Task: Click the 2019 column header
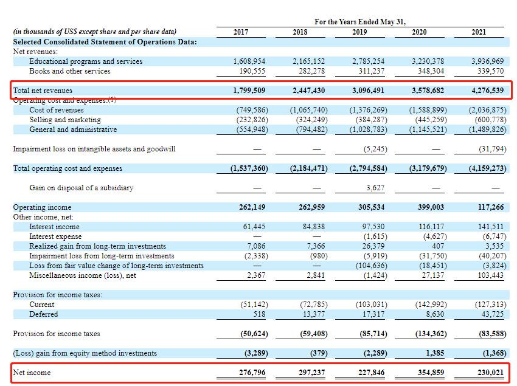pyautogui.click(x=359, y=32)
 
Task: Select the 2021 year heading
pyautogui.click(x=479, y=32)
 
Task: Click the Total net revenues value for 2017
pyautogui.click(x=249, y=91)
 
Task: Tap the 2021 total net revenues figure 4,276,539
pyautogui.click(x=487, y=91)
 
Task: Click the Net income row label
pyautogui.click(x=32, y=373)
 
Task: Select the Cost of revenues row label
pyautogui.click(x=57, y=110)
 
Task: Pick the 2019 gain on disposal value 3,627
pyautogui.click(x=375, y=188)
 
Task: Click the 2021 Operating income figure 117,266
pyautogui.click(x=491, y=207)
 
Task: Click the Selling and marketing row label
pyautogui.click(x=65, y=120)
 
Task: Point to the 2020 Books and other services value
pyautogui.click(x=431, y=71)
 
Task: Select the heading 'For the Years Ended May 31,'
pyautogui.click(x=360, y=22)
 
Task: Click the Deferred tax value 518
pyautogui.click(x=259, y=314)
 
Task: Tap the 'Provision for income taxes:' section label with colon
pyautogui.click(x=58, y=295)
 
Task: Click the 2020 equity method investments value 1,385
pyautogui.click(x=435, y=353)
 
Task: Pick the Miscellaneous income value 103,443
pyautogui.click(x=491, y=275)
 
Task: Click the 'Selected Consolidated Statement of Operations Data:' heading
pyautogui.click(x=105, y=42)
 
